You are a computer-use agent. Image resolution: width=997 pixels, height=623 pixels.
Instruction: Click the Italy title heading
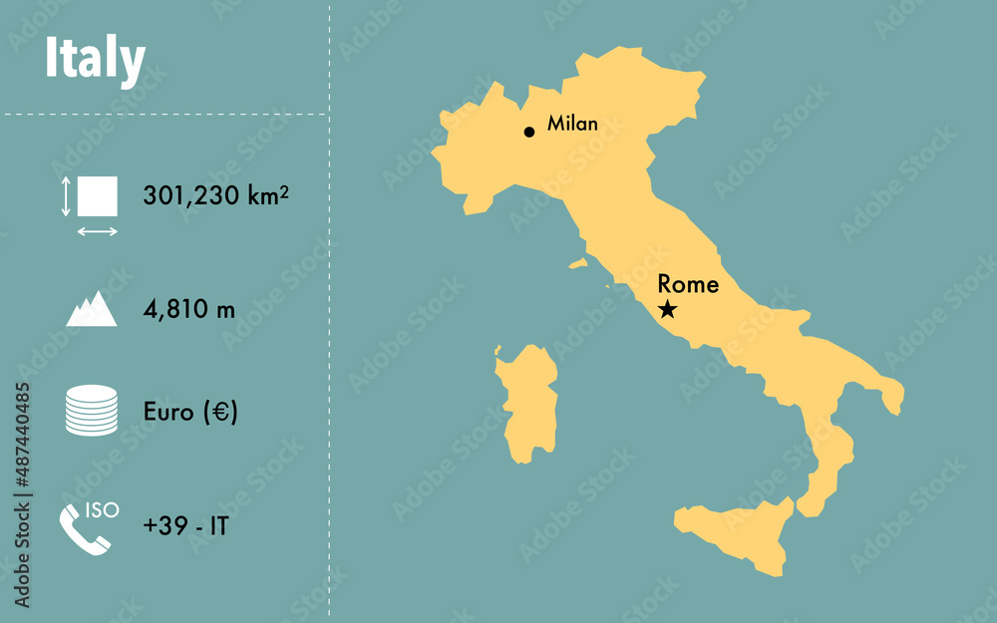(x=95, y=60)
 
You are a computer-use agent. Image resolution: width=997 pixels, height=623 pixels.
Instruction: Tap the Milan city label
(x=572, y=125)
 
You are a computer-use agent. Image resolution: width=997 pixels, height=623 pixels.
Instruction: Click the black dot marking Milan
(x=529, y=132)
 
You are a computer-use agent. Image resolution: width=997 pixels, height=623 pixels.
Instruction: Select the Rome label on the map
(x=688, y=285)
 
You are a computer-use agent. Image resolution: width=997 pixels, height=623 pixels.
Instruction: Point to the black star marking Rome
(x=667, y=310)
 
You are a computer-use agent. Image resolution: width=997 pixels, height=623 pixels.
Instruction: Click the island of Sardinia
(x=529, y=405)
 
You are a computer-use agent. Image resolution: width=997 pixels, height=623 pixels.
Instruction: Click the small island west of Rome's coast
(x=578, y=264)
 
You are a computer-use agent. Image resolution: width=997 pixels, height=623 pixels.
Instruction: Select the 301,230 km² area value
(x=215, y=195)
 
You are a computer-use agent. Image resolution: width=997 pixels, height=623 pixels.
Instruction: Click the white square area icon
(x=97, y=195)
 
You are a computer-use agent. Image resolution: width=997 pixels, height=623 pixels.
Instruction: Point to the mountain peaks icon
(x=92, y=310)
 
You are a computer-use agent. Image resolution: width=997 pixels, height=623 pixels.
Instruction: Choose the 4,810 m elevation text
(x=189, y=310)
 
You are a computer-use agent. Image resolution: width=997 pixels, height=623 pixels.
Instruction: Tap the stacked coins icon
(x=92, y=411)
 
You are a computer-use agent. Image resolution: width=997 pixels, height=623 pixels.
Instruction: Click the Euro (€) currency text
(x=190, y=412)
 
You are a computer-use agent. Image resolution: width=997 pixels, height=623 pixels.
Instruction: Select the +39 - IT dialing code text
(x=185, y=526)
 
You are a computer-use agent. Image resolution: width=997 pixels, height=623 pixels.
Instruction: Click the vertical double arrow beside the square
(x=66, y=196)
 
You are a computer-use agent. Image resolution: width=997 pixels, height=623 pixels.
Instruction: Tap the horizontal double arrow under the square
(x=97, y=231)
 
